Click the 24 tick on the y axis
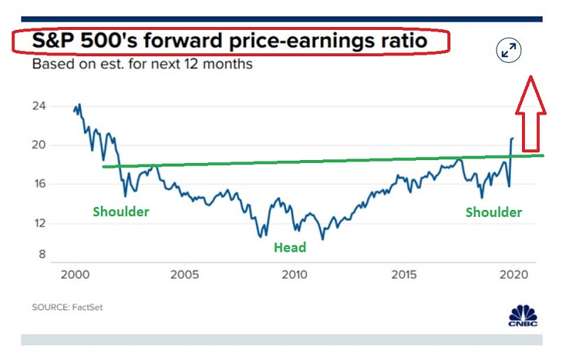[x=39, y=106]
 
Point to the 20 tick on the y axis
[x=39, y=145]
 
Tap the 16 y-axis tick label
[x=39, y=184]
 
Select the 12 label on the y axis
[x=39, y=223]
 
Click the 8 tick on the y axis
[x=41, y=254]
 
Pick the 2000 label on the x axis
[x=74, y=275]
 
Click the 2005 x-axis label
[x=184, y=275]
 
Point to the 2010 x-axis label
[x=294, y=275]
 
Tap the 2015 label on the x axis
[x=404, y=275]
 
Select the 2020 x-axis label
[x=513, y=275]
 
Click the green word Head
[x=290, y=248]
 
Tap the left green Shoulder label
[x=121, y=211]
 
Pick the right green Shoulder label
[x=494, y=212]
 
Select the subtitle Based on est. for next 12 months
[x=142, y=65]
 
